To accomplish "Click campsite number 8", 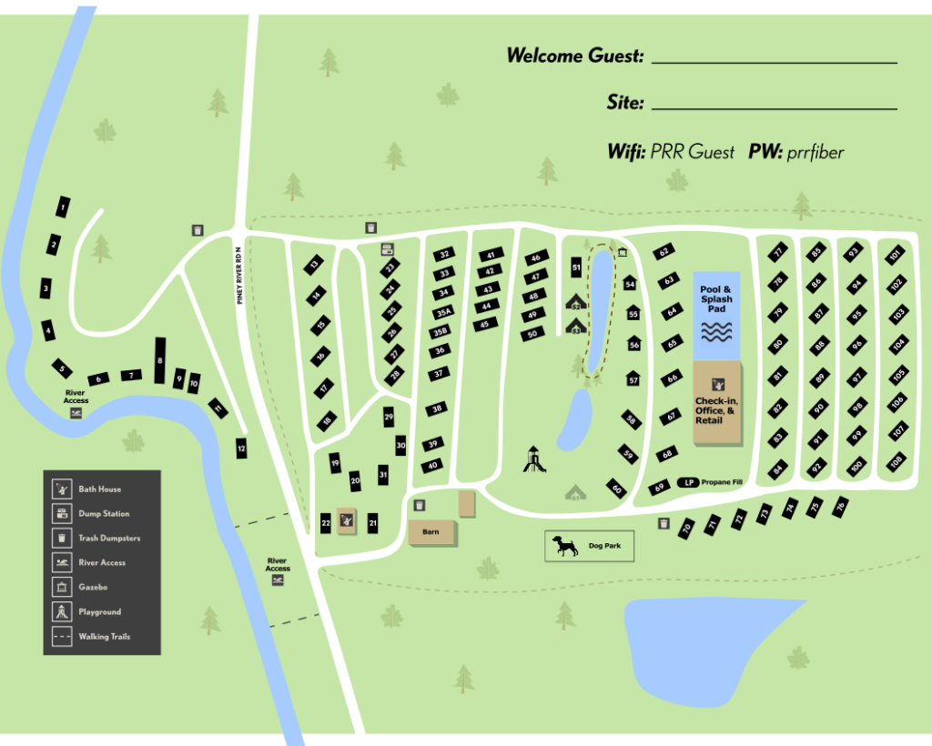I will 160,360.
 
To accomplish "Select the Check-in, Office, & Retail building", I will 716,403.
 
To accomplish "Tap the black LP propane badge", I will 691,482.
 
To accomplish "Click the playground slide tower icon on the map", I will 534,459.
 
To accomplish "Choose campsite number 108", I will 897,461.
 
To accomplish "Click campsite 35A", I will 443,312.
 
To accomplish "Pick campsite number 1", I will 62,208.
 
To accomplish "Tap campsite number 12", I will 241,448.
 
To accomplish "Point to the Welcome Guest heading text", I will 574,56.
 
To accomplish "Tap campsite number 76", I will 840,505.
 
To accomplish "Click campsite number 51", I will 576,267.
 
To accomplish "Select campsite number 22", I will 326,522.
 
